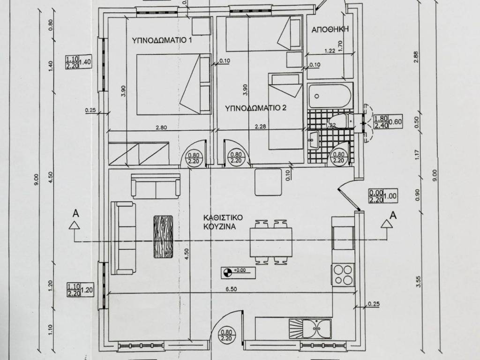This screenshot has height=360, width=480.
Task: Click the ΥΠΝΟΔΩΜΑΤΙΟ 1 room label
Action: pyautogui.click(x=162, y=40)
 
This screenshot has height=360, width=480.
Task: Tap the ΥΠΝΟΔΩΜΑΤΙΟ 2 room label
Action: pyautogui.click(x=255, y=108)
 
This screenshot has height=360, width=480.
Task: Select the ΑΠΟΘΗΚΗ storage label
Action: pyautogui.click(x=330, y=30)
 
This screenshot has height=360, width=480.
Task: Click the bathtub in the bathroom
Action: pyautogui.click(x=330, y=96)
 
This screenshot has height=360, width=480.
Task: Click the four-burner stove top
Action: pyautogui.click(x=343, y=275)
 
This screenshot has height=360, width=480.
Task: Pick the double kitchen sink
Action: pyautogui.click(x=310, y=329)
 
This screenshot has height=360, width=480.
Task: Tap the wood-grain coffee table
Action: pyautogui.click(x=163, y=237)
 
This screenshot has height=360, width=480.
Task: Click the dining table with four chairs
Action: pyautogui.click(x=271, y=242)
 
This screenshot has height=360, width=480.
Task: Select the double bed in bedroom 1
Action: pyautogui.click(x=173, y=84)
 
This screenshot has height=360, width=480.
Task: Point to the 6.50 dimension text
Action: pyautogui.click(x=231, y=289)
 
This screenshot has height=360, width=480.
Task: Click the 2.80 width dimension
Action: pyautogui.click(x=161, y=127)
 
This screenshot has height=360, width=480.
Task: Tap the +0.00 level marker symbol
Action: pyautogui.click(x=227, y=272)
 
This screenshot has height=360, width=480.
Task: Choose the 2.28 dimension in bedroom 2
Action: pyautogui.click(x=260, y=126)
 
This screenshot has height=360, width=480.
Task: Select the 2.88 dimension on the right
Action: pyautogui.click(x=416, y=57)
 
